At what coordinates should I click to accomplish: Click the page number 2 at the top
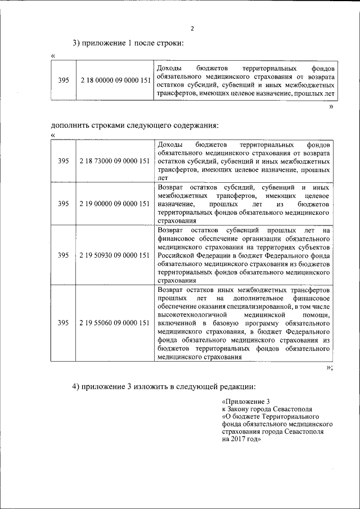[192, 29]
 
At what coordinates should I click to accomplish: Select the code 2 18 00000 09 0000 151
[115, 80]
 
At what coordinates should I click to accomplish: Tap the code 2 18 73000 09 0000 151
[115, 160]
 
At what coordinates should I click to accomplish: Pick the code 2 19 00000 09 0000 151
[115, 204]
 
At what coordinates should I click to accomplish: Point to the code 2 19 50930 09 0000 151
[115, 255]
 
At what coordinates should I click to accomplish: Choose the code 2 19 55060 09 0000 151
[115, 323]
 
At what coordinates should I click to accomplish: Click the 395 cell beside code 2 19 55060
[64, 323]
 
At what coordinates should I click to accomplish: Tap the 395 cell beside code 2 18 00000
[64, 80]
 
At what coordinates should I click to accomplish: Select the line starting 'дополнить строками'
[134, 125]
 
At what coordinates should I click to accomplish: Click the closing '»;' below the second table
[330, 368]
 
